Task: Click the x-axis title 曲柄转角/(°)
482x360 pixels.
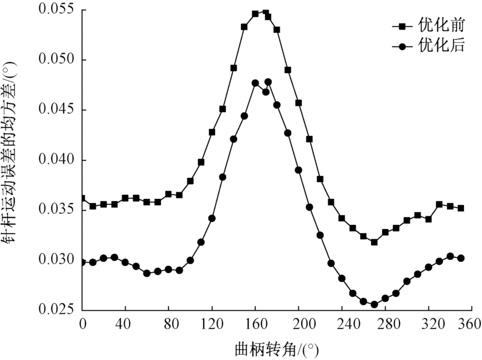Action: [277, 349]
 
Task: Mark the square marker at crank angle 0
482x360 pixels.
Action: [83, 198]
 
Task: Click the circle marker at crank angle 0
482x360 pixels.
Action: [83, 262]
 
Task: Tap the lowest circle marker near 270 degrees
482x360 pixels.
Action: [374, 305]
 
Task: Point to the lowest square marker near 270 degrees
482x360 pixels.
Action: [374, 242]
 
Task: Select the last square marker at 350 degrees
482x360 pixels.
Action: [461, 208]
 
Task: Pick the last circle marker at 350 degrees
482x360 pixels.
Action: [461, 258]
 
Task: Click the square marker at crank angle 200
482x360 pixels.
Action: [298, 103]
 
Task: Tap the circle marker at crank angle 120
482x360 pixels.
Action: [212, 218]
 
